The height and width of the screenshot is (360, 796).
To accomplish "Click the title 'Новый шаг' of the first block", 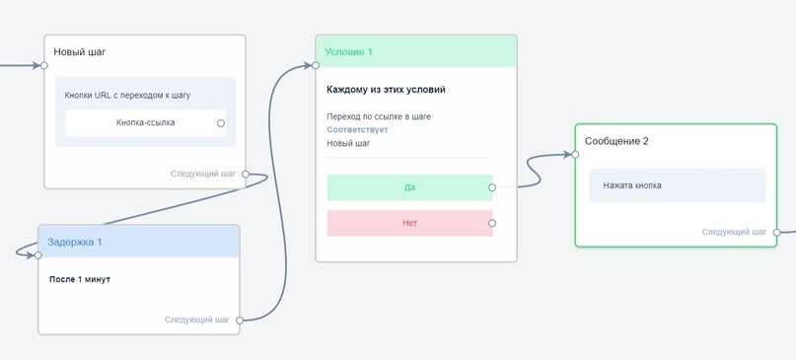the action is pyautogui.click(x=80, y=52).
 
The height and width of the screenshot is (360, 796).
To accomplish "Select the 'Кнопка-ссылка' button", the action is pyautogui.click(x=145, y=123).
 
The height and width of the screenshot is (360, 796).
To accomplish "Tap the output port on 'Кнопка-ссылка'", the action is pyautogui.click(x=221, y=123).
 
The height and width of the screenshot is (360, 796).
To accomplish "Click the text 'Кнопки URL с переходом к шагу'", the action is pyautogui.click(x=127, y=96).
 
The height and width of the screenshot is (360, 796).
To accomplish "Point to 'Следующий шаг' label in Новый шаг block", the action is pyautogui.click(x=203, y=175).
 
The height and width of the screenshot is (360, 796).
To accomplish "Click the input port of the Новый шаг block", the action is pyautogui.click(x=44, y=66).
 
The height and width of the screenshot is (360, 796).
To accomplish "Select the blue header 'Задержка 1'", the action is pyautogui.click(x=75, y=242).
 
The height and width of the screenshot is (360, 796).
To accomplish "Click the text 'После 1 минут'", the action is pyautogui.click(x=80, y=279).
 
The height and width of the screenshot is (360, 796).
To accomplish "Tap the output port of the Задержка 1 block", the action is pyautogui.click(x=240, y=321).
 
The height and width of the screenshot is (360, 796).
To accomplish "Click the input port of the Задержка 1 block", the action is pyautogui.click(x=38, y=255).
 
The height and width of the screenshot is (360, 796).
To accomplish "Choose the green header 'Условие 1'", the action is pyautogui.click(x=349, y=52).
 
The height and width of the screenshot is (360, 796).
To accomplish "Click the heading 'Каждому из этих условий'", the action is pyautogui.click(x=386, y=90).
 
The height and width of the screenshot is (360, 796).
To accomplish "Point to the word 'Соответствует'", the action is pyautogui.click(x=357, y=130).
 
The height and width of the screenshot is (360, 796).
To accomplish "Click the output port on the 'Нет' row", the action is pyautogui.click(x=492, y=223).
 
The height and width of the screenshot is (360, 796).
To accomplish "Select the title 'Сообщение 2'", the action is pyautogui.click(x=616, y=141).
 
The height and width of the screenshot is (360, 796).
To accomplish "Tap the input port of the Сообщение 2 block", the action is pyautogui.click(x=576, y=155).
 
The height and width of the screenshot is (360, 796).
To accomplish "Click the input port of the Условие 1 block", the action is pyautogui.click(x=316, y=66).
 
